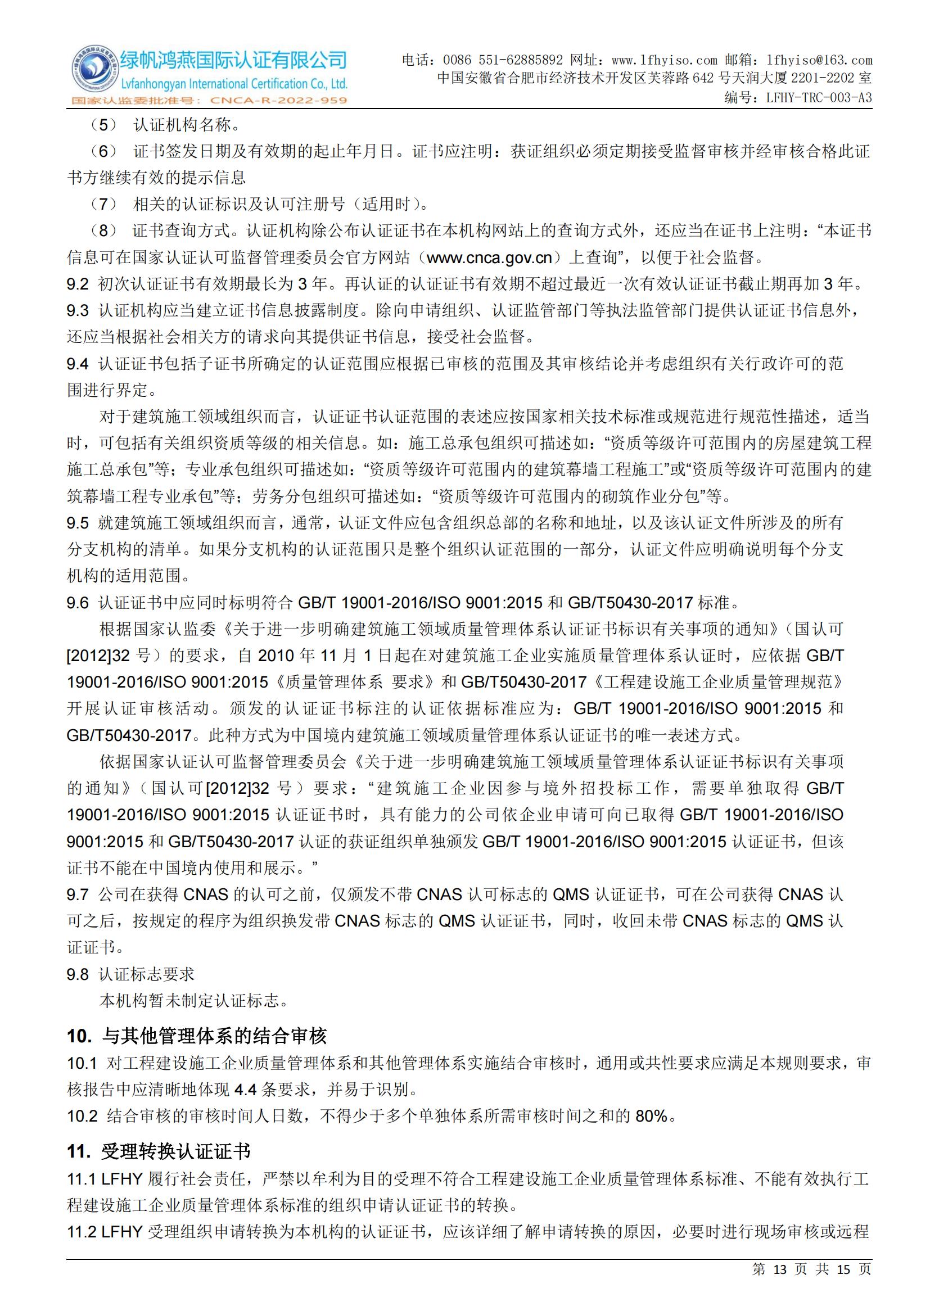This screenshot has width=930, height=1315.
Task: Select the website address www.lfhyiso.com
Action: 664,60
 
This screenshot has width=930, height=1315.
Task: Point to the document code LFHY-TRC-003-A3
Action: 819,97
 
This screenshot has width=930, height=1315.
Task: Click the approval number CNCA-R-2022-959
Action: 278,101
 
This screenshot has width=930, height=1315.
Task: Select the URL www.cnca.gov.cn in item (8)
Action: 490,257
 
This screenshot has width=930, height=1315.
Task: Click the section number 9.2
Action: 78,284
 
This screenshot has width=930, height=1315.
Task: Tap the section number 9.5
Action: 78,523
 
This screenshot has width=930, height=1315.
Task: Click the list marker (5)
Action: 103,124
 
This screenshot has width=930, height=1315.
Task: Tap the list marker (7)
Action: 103,204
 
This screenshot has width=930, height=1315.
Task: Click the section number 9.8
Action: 78,974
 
